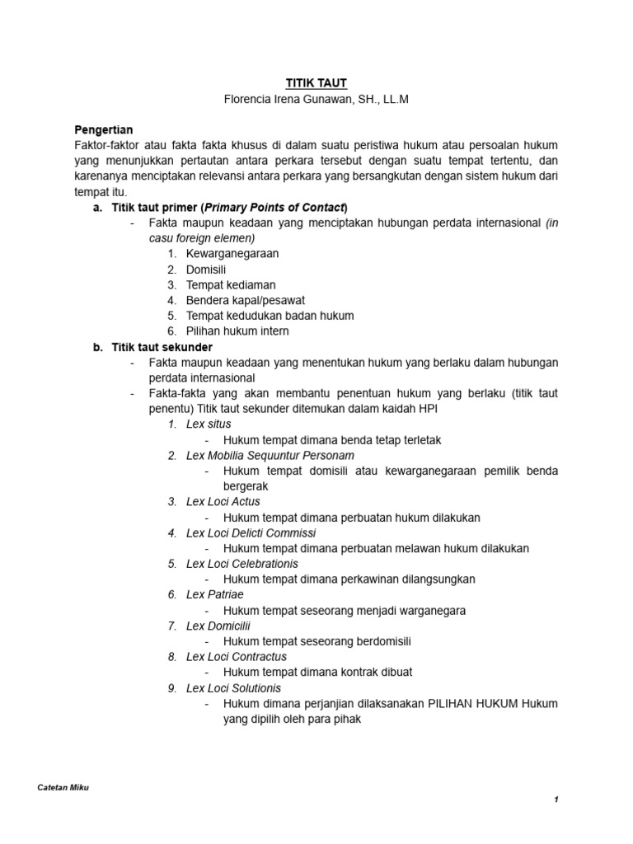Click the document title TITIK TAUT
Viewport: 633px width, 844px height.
point(316,83)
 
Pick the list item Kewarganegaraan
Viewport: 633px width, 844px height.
point(232,254)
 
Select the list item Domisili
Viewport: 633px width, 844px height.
point(206,270)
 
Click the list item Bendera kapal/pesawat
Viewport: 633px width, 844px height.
point(246,300)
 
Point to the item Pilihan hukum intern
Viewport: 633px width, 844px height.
point(237,331)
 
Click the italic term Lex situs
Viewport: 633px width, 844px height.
point(209,424)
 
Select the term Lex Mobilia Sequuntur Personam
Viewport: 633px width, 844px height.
point(270,455)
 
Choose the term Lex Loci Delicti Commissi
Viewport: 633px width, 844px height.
point(251,532)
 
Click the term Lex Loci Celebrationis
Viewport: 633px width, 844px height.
point(242,564)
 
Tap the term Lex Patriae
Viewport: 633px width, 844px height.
point(215,594)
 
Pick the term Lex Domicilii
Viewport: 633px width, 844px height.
point(218,626)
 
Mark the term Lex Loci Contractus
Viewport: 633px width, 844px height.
point(237,657)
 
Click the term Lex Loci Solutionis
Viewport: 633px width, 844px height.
point(233,687)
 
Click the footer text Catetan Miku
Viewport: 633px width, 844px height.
point(63,787)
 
